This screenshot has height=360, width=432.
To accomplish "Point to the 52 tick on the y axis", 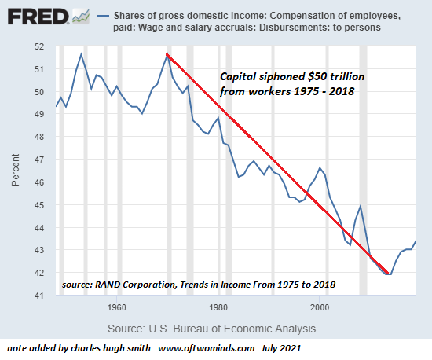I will tap(42, 46).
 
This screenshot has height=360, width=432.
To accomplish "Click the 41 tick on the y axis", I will tap(42, 296).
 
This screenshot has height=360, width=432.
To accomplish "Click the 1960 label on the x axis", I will tap(117, 307).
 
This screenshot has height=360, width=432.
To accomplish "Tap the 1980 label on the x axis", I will tap(218, 307).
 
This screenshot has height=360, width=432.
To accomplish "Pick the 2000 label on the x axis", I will tap(320, 307).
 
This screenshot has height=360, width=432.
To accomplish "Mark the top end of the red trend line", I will tap(167, 53).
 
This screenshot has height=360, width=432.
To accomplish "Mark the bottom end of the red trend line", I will tap(389, 274).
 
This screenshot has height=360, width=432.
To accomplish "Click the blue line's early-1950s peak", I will tap(81, 53).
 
